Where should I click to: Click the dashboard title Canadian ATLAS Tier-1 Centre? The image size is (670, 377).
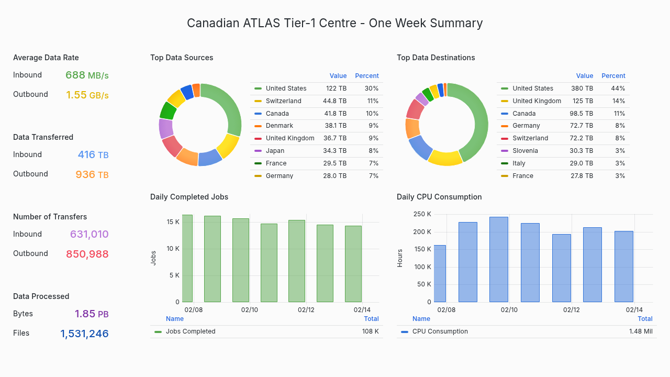click(x=334, y=23)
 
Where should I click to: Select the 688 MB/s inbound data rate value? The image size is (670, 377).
click(x=87, y=75)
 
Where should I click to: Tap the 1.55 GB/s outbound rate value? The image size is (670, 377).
click(x=87, y=95)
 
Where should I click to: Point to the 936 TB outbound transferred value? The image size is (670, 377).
click(x=92, y=175)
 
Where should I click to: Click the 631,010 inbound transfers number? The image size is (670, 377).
click(x=89, y=235)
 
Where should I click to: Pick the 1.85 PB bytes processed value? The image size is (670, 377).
click(x=91, y=314)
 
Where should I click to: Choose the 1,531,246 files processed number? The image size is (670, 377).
click(x=84, y=334)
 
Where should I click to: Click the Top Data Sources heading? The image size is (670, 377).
click(x=182, y=58)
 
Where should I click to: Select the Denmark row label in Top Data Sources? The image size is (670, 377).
click(x=279, y=126)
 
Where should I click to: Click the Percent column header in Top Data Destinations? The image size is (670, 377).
click(x=613, y=76)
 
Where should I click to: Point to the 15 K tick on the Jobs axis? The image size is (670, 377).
click(x=173, y=222)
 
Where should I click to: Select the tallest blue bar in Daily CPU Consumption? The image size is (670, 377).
click(x=498, y=259)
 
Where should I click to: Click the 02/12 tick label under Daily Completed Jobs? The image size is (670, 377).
click(x=306, y=310)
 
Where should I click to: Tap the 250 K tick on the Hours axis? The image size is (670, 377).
click(x=422, y=214)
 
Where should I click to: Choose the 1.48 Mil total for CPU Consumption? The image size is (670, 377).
click(x=640, y=331)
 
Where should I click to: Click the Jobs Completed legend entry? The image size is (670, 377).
click(x=190, y=331)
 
